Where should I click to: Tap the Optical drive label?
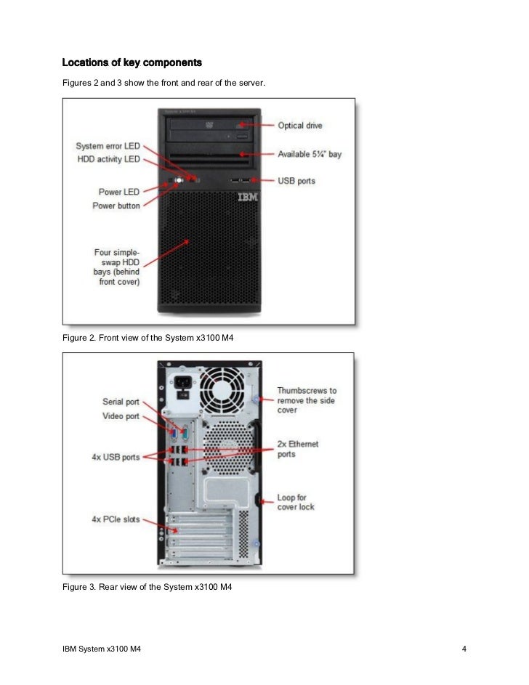pyautogui.click(x=300, y=126)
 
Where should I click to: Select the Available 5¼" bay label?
pyautogui.click(x=310, y=155)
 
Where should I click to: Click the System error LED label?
pyautogui.click(x=108, y=147)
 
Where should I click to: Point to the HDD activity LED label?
pyautogui.click(x=109, y=159)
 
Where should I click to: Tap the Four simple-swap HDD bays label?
pyautogui.click(x=117, y=267)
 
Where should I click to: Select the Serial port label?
pyautogui.click(x=121, y=402)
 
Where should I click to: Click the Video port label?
pyautogui.click(x=121, y=416)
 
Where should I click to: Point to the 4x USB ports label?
pyautogui.click(x=115, y=457)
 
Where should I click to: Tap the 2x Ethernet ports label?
pyautogui.click(x=298, y=449)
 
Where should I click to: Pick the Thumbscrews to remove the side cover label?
pyautogui.click(x=307, y=400)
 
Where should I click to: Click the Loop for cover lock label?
pyautogui.click(x=296, y=502)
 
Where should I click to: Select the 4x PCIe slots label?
pyautogui.click(x=116, y=520)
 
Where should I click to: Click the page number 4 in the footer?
pyautogui.click(x=464, y=648)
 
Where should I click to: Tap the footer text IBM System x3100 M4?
pyautogui.click(x=101, y=648)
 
